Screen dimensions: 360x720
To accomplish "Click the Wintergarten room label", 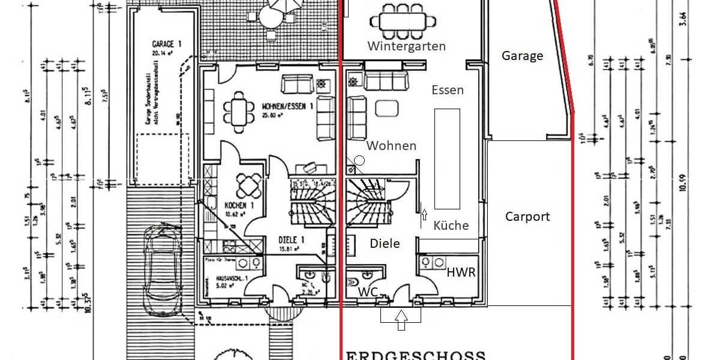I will pyautogui.click(x=406, y=46).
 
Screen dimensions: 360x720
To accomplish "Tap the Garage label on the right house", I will pyautogui.click(x=522, y=56).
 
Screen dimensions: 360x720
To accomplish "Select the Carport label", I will pyautogui.click(x=527, y=217).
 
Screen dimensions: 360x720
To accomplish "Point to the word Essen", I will pyautogui.click(x=447, y=90).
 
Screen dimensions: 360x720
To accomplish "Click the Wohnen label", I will pyautogui.click(x=391, y=146).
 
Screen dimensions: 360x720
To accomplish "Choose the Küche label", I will pyautogui.click(x=451, y=226).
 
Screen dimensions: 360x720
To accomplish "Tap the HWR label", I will pyautogui.click(x=461, y=272).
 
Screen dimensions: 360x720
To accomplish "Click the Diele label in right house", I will pyautogui.click(x=385, y=244).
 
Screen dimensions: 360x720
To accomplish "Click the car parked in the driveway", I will pyautogui.click(x=160, y=270).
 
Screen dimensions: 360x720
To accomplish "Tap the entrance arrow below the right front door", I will pyautogui.click(x=401, y=320).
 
